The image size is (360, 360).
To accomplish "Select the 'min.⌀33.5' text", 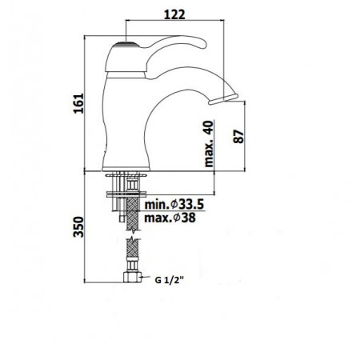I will coord(174,205).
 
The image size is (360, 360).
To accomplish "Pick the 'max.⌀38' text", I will coord(169,218).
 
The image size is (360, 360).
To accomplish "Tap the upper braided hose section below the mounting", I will coord(130,217).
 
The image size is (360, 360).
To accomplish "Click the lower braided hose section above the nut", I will coord(130,258).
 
